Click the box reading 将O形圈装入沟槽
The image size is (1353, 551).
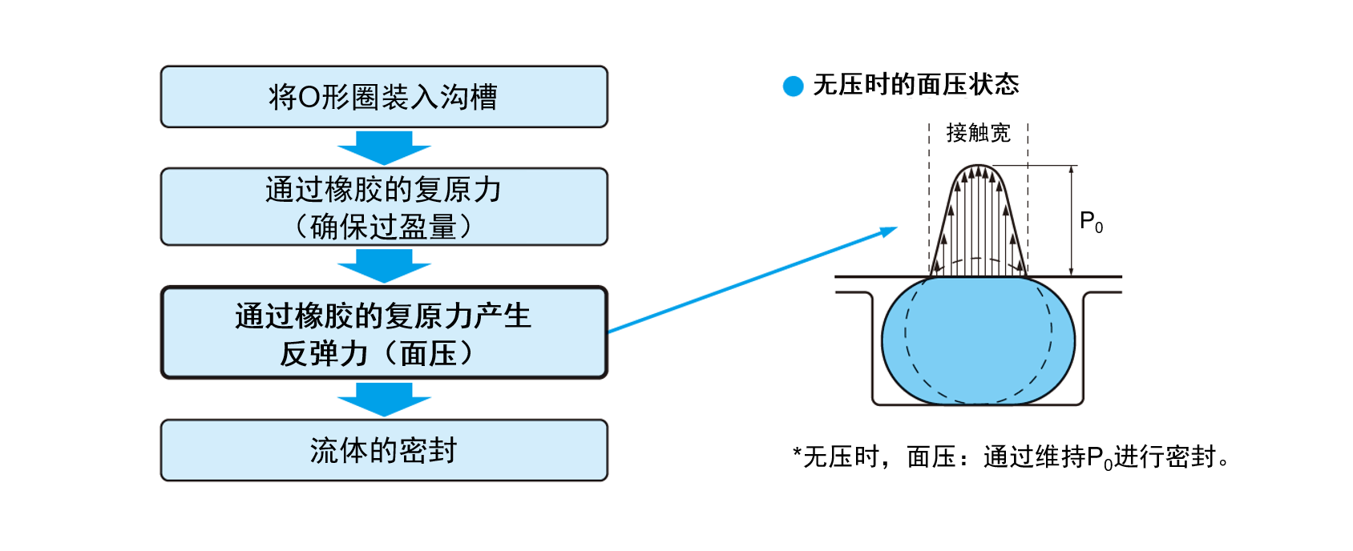384,97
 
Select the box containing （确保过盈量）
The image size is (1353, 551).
384,207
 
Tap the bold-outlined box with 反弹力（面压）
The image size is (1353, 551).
384,332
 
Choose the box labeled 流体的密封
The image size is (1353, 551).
384,450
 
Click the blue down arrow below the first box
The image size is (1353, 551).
384,147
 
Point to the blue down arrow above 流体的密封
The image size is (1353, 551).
384,399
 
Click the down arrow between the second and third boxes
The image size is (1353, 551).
384,266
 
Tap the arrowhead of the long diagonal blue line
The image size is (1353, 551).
890,231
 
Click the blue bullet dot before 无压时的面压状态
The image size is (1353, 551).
793,86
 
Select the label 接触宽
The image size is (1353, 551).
978,133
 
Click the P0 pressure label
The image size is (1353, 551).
1091,222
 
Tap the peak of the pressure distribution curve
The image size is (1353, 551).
978,167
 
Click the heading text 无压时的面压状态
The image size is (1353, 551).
915,85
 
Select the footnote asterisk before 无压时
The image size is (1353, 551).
797,455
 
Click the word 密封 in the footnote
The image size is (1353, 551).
1191,456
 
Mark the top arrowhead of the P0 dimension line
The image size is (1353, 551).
1072,170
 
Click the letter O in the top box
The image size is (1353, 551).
309,98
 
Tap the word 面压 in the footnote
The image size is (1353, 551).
931,456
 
